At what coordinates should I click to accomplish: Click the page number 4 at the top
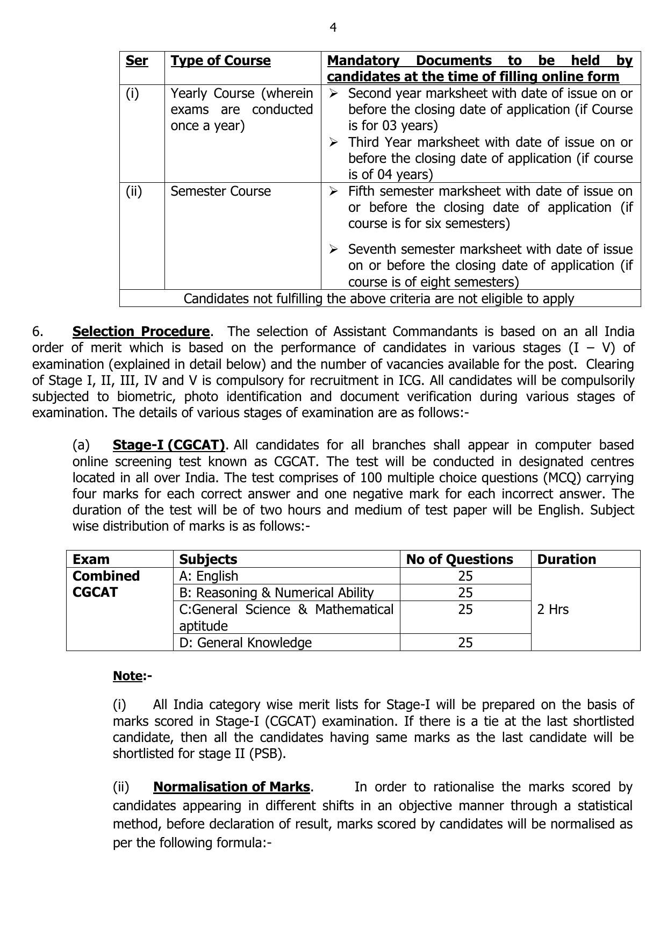click(x=333, y=27)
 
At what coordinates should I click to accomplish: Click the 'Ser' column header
click(x=137, y=61)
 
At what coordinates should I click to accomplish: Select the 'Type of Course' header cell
click(x=220, y=61)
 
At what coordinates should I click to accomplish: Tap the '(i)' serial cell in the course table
click(x=132, y=94)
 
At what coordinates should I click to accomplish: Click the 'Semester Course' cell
click(x=220, y=191)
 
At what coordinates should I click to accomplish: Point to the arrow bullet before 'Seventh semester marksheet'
click(x=334, y=249)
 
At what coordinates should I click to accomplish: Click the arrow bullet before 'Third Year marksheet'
click(x=334, y=142)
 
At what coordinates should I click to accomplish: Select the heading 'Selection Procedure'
click(x=141, y=332)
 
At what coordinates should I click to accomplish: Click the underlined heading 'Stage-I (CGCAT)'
click(x=169, y=445)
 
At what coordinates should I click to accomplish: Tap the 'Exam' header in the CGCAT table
click(x=91, y=560)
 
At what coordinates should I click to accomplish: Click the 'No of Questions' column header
click(x=460, y=560)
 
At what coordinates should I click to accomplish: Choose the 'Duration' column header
click(x=566, y=560)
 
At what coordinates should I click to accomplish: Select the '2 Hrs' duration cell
click(x=553, y=610)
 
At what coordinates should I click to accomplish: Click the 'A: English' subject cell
click(x=209, y=576)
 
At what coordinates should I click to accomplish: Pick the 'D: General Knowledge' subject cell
click(x=245, y=643)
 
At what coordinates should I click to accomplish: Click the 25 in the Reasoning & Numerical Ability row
click(x=465, y=593)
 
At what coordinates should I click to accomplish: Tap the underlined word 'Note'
click(x=128, y=676)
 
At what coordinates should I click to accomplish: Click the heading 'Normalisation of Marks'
click(x=232, y=787)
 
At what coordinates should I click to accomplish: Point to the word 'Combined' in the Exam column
click(x=106, y=576)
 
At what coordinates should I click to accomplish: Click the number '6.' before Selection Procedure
click(x=38, y=332)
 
